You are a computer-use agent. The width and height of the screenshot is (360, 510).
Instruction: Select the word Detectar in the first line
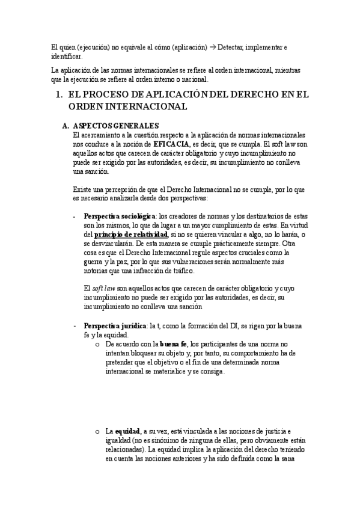coord(231,47)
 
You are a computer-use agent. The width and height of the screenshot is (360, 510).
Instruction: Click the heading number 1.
coord(58,94)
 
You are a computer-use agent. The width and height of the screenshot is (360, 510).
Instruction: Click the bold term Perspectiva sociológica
coord(120,216)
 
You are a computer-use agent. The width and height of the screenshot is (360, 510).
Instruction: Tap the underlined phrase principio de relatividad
coord(123,234)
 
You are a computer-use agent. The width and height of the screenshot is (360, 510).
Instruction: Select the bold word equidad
coord(127,432)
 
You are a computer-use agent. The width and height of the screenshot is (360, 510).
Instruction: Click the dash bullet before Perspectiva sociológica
coord(73,216)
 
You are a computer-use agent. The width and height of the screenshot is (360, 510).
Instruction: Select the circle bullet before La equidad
coord(97,432)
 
